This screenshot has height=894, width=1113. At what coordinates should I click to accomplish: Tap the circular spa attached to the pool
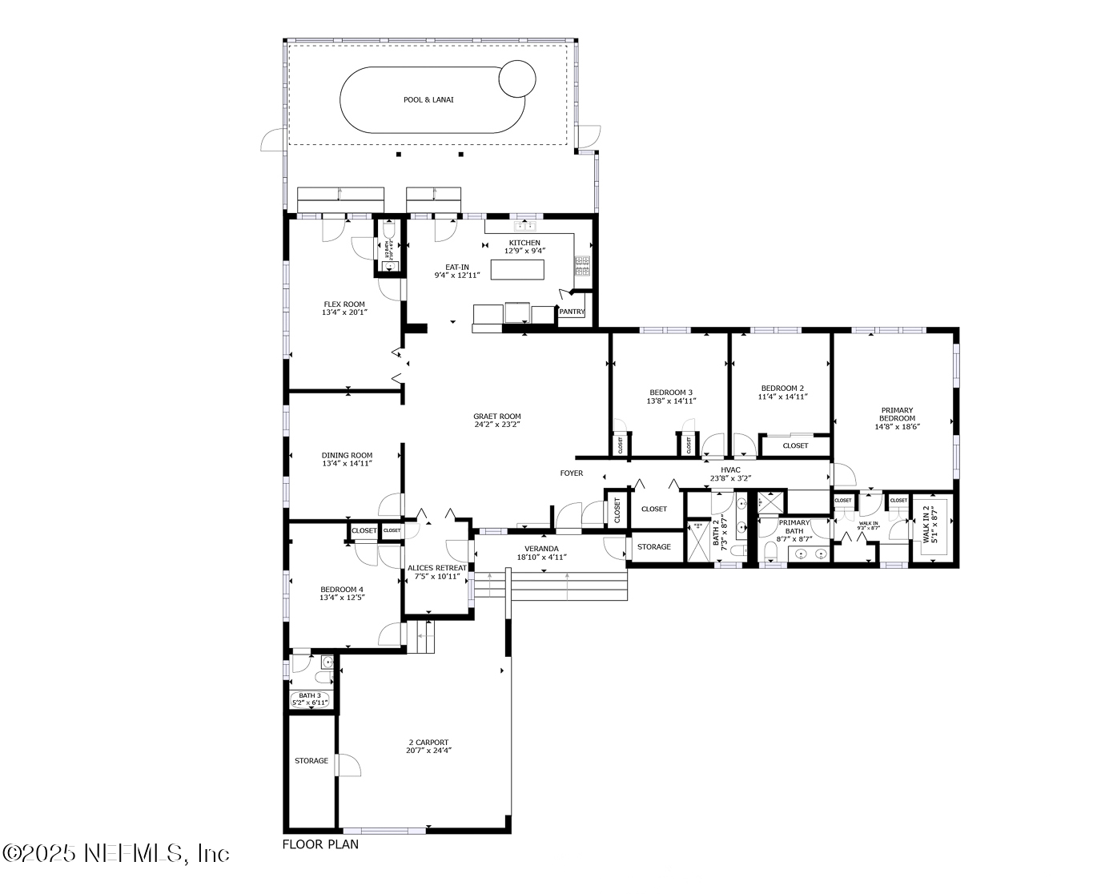[516, 79]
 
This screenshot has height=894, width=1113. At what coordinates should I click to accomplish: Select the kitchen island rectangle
[517, 269]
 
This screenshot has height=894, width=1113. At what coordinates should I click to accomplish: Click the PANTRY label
[572, 312]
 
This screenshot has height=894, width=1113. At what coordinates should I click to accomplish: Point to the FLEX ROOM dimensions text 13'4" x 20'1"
[344, 313]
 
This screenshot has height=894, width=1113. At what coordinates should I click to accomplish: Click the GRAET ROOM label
[496, 417]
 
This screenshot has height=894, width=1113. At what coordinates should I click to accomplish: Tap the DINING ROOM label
[347, 456]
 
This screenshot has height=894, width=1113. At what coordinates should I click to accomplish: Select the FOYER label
[571, 473]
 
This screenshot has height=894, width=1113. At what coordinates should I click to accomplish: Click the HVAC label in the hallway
[730, 470]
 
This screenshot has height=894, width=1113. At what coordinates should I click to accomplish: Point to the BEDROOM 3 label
[670, 392]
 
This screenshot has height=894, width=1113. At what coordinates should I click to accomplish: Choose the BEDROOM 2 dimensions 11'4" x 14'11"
[782, 397]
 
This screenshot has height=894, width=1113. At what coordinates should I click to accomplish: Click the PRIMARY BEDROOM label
[897, 414]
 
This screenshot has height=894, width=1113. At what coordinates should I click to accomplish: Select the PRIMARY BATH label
[794, 526]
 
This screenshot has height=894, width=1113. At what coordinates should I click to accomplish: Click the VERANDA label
[541, 549]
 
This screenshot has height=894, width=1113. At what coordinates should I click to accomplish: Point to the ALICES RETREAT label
[436, 568]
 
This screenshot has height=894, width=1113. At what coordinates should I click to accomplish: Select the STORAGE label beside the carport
[311, 761]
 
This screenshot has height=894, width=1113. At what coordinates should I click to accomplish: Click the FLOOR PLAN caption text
[320, 844]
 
